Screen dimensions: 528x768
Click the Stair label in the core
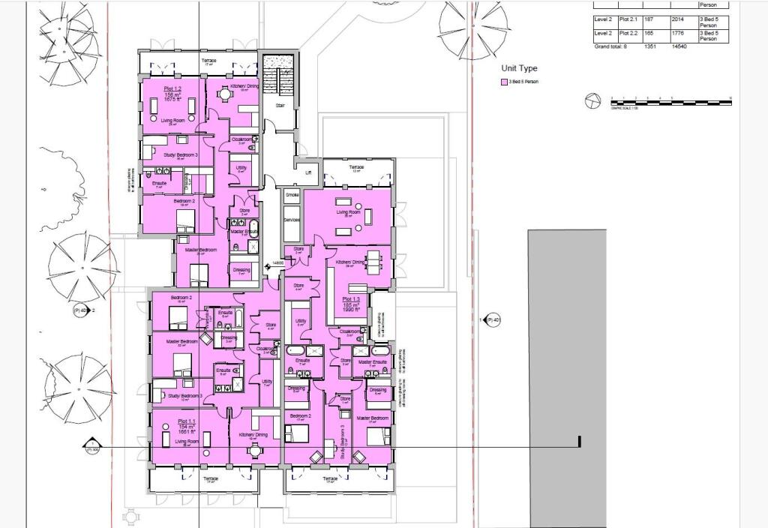280,106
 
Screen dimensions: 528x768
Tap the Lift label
307,172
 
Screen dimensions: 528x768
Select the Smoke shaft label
292,194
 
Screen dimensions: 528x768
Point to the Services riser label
292,220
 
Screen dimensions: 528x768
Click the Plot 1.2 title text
172,88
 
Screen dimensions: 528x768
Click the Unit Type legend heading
520,68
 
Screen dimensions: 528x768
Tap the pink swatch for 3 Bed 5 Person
505,82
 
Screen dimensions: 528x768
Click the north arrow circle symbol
592,100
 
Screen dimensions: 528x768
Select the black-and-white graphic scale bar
670,100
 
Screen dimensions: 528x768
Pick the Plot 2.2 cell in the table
629,33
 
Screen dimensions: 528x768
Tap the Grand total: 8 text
615,46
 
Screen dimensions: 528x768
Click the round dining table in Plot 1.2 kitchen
222,94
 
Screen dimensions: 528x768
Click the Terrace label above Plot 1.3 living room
355,166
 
